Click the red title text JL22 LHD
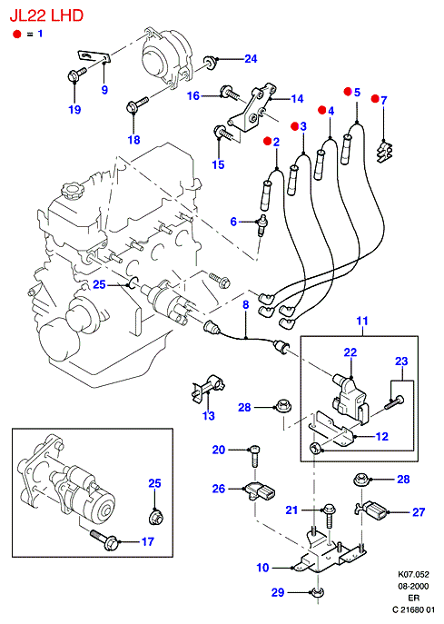click(46, 15)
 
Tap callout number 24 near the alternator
click(251, 59)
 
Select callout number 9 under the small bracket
click(104, 90)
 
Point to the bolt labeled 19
click(77, 74)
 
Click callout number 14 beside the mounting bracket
click(297, 99)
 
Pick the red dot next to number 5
click(348, 92)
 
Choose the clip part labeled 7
click(384, 152)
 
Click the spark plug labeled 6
click(262, 225)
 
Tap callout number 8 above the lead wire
click(246, 305)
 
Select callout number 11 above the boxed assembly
click(362, 321)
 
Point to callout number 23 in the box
click(401, 361)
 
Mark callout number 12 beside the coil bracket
click(382, 437)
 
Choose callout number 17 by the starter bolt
click(148, 541)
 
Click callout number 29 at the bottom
click(278, 592)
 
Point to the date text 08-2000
click(414, 587)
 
